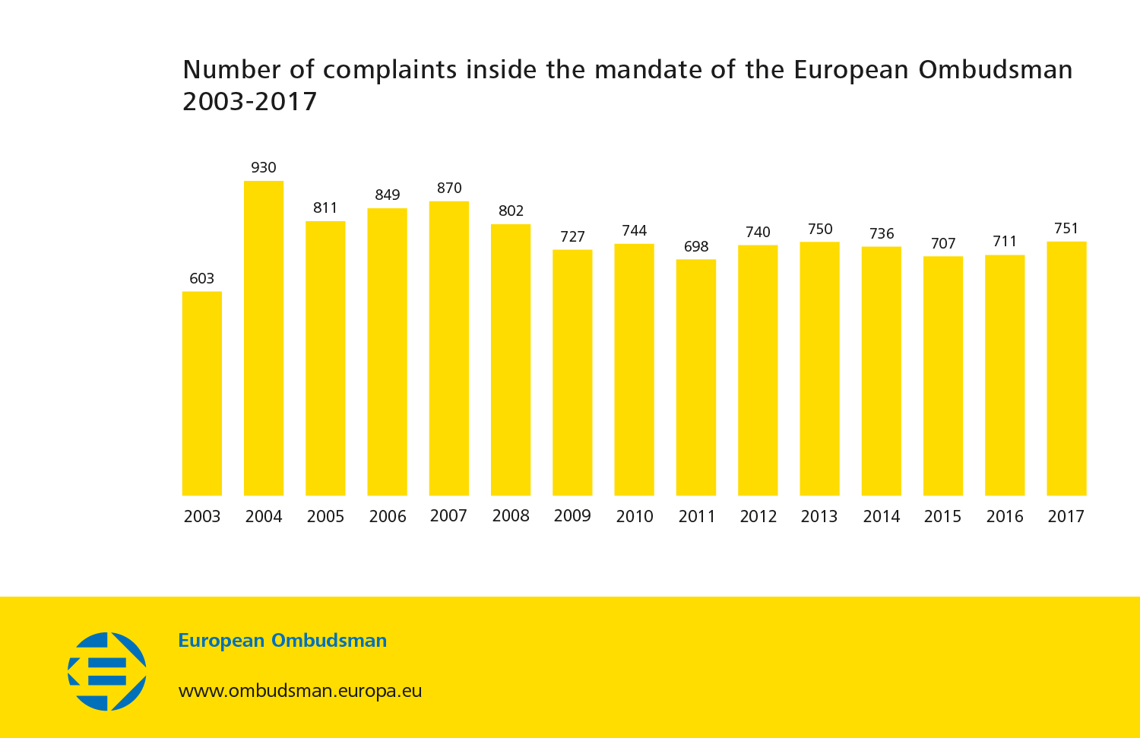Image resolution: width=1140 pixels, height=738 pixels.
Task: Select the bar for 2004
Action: click(264, 338)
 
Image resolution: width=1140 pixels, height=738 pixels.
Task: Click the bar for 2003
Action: click(202, 394)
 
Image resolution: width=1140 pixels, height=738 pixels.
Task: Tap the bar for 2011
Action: click(696, 378)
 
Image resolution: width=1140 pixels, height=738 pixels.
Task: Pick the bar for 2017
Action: click(1066, 369)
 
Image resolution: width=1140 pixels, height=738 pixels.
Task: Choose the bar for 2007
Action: click(449, 348)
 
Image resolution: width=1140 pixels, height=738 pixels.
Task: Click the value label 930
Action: click(264, 167)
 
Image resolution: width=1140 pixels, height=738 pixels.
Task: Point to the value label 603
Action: click(202, 278)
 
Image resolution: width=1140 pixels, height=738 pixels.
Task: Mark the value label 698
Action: click(696, 246)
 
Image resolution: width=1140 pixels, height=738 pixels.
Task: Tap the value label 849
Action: click(388, 195)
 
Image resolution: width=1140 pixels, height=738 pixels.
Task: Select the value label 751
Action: click(1066, 228)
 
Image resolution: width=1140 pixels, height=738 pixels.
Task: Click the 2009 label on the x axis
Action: click(572, 516)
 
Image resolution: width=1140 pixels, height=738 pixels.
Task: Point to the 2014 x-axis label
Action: click(882, 517)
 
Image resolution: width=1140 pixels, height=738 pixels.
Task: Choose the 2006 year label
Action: click(388, 517)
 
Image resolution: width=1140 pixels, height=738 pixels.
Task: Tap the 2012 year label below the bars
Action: click(758, 517)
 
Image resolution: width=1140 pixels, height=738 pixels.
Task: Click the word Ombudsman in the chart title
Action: click(996, 70)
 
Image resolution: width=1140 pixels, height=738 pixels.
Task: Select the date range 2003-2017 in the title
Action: click(250, 102)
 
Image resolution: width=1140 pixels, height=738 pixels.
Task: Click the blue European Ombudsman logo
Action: click(107, 671)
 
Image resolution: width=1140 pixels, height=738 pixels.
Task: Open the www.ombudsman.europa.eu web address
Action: click(300, 691)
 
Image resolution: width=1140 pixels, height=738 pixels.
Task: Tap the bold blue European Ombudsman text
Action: click(283, 641)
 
